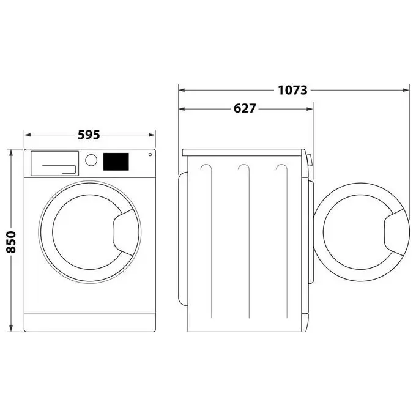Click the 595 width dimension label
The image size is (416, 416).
[x=89, y=135]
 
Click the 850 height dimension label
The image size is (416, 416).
[x=12, y=242]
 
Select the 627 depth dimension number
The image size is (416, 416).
[x=245, y=108]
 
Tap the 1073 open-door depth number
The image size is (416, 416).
[x=292, y=90]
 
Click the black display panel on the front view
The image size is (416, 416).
[x=116, y=162]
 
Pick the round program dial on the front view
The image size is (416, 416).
[x=91, y=160]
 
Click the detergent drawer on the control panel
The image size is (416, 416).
[x=54, y=163]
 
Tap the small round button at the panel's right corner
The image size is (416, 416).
[x=150, y=154]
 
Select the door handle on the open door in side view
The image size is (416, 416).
[x=394, y=232]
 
